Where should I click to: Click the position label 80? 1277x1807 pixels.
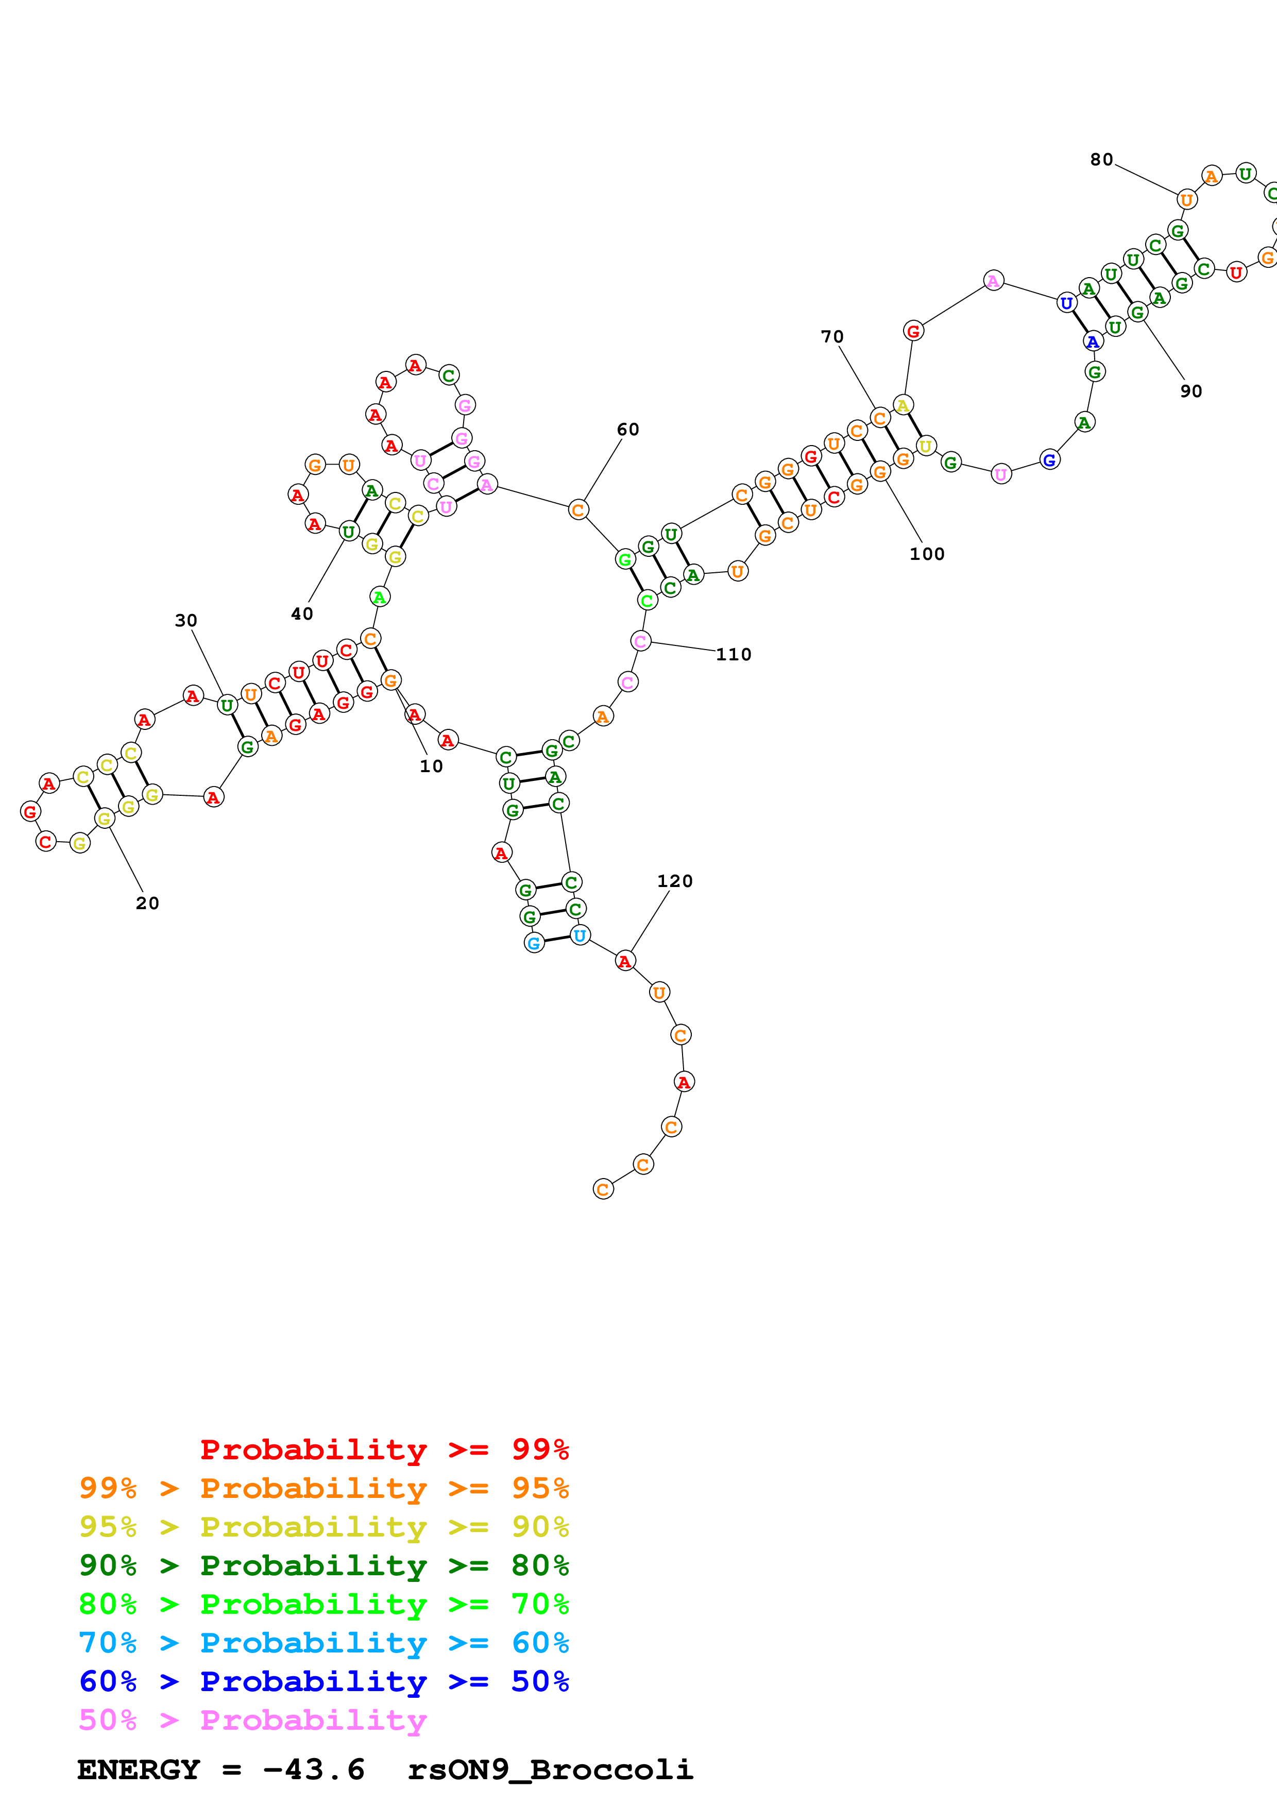[1101, 160]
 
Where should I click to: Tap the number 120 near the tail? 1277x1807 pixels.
[674, 881]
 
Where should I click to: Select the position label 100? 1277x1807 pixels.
[926, 554]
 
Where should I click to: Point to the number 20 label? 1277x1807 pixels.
[147, 903]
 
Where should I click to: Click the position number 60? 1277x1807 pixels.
[627, 430]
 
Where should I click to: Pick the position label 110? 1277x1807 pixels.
[734, 655]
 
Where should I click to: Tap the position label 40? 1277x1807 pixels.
[301, 614]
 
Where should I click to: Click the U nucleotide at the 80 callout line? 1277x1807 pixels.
[1186, 200]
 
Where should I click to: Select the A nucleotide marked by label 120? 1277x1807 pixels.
[625, 961]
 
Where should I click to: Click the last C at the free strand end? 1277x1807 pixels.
[603, 1189]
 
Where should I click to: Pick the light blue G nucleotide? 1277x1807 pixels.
[534, 943]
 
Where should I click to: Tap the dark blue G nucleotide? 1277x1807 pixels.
[1049, 459]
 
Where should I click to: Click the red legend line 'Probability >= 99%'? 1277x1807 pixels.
[384, 1450]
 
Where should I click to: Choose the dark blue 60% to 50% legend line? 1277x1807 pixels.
[323, 1681]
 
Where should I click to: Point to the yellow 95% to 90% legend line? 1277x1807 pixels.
[323, 1527]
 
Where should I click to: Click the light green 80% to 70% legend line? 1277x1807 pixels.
[323, 1604]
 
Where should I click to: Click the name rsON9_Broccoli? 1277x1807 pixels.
[550, 1770]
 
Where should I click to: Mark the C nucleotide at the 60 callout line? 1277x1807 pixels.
[577, 510]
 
